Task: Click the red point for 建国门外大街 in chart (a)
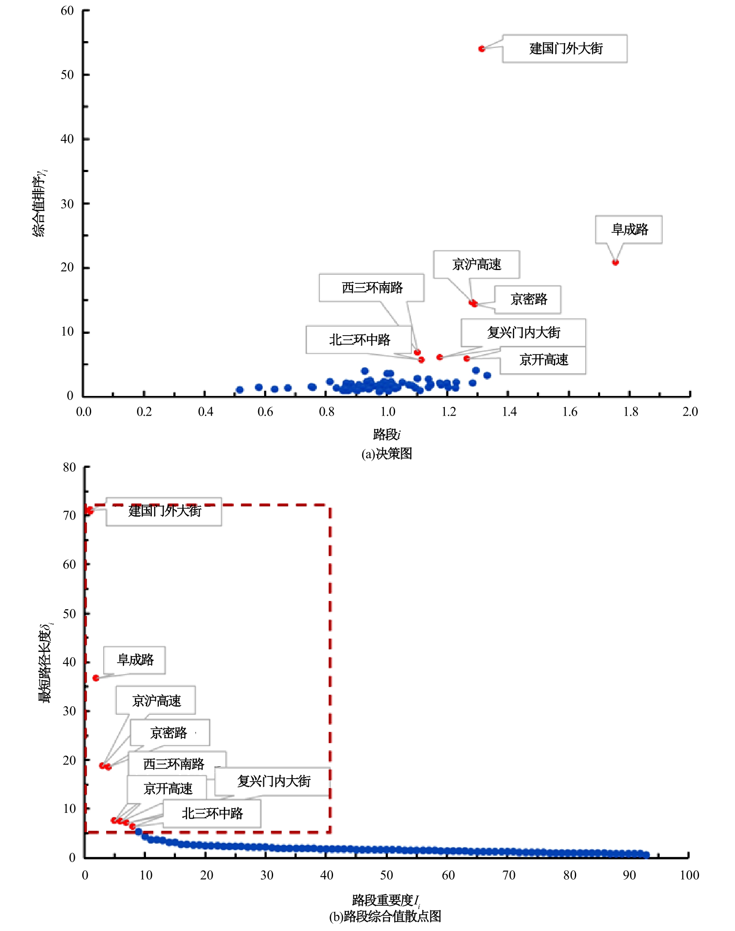(482, 49)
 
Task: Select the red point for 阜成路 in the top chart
(616, 262)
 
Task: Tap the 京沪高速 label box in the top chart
(476, 264)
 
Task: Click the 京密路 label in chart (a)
(528, 299)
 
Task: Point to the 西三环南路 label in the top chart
(372, 287)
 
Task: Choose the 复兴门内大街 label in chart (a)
(523, 332)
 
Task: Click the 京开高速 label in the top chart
(543, 360)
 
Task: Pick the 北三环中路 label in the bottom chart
(212, 813)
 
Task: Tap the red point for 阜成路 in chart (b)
(96, 678)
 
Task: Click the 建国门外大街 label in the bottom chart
(164, 511)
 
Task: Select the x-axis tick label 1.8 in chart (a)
(631, 412)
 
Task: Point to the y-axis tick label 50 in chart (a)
(67, 75)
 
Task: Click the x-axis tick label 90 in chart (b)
(629, 875)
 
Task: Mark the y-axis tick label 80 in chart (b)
(69, 467)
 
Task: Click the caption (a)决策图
(387, 453)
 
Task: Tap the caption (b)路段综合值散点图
(385, 916)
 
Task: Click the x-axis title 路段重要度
(385, 900)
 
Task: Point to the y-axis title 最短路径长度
(45, 663)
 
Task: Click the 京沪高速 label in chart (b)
(156, 701)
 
